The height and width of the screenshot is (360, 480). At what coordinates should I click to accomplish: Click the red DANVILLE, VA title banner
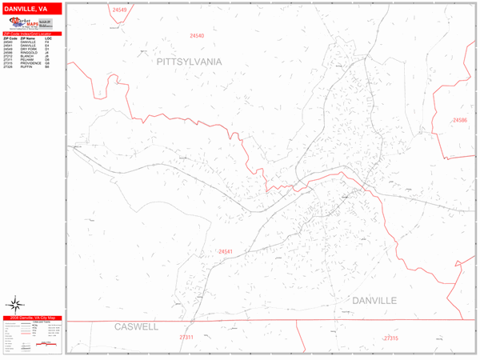point(31,8)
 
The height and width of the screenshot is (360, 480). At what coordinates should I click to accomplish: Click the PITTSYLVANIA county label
point(189,61)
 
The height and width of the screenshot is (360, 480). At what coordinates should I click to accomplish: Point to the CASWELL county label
point(137,327)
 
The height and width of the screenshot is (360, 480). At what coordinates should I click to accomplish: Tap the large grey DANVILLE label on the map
point(374,300)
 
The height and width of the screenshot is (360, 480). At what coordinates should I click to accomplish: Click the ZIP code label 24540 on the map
point(197,36)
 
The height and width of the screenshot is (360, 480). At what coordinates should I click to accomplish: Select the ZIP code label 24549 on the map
point(119,10)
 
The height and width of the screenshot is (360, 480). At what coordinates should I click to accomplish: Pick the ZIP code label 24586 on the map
point(459,120)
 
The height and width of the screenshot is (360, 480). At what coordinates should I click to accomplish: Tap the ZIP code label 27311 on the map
point(186,338)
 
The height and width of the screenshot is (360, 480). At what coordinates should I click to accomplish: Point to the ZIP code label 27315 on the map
point(390,338)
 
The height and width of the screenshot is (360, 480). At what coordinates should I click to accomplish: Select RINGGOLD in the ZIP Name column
point(30,52)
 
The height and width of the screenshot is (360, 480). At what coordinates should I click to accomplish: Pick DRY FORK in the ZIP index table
point(30,49)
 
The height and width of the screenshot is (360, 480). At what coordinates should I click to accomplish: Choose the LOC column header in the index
point(48,38)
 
